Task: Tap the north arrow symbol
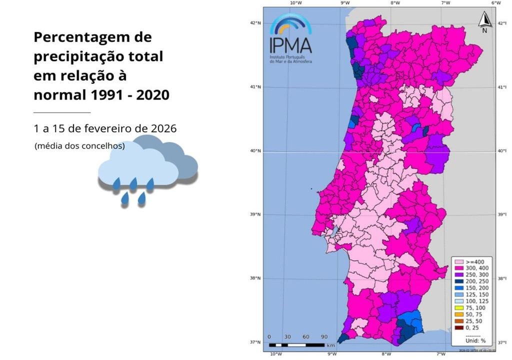point(484,20)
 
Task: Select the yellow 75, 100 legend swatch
point(458,308)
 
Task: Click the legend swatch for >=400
point(458,261)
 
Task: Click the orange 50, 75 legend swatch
point(458,315)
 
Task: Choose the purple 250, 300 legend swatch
point(458,275)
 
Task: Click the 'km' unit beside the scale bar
point(331,345)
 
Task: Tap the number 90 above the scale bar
point(323,336)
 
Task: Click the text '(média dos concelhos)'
point(79,146)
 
